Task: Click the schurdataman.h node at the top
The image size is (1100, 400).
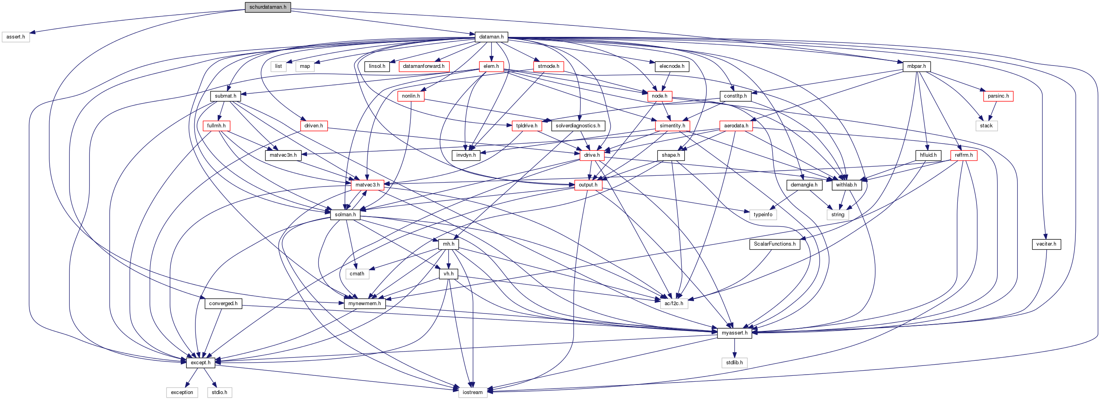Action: tap(268, 7)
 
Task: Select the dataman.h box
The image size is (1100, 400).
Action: tap(491, 37)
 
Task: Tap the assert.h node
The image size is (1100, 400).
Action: tap(16, 37)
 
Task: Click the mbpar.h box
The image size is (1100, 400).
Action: tap(916, 67)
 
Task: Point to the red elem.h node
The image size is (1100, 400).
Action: tap(491, 67)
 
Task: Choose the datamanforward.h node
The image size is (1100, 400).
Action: tap(423, 67)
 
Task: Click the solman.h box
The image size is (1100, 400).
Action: tap(345, 215)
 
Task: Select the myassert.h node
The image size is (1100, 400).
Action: tap(735, 333)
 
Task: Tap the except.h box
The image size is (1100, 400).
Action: tap(200, 362)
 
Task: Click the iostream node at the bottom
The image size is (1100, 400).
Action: tap(472, 392)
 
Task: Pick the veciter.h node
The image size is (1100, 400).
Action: tap(1046, 244)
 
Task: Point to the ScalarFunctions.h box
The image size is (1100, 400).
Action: tap(775, 244)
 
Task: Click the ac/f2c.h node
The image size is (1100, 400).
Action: tap(674, 304)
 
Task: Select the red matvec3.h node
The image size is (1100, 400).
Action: tap(367, 185)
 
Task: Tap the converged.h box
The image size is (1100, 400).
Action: tap(223, 304)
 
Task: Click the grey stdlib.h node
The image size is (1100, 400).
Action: tap(735, 362)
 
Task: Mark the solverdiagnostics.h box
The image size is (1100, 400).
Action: tap(578, 126)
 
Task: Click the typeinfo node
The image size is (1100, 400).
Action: tap(763, 215)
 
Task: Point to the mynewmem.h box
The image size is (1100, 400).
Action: tap(365, 304)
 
